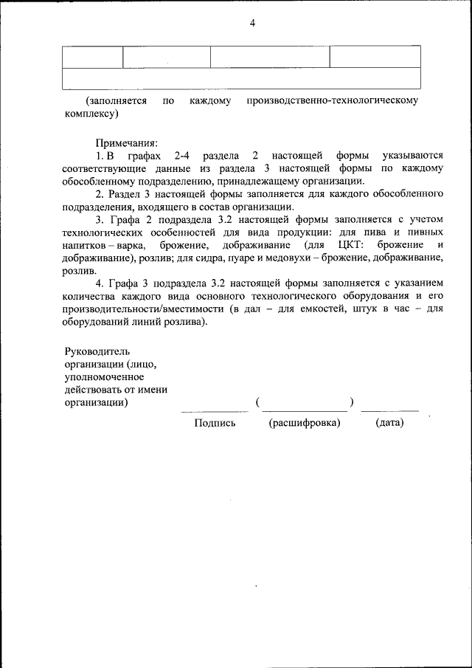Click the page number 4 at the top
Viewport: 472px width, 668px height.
(x=252, y=24)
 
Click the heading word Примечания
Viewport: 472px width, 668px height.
(x=126, y=142)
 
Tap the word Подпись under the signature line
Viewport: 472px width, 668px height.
(x=215, y=423)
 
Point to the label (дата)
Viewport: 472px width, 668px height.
(x=389, y=423)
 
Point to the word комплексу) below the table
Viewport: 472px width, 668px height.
(x=91, y=114)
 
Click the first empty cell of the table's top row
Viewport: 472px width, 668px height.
(x=92, y=57)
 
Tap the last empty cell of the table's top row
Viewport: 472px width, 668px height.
(x=375, y=57)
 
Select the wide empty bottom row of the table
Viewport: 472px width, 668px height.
(x=241, y=78)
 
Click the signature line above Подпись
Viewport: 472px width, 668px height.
(x=215, y=411)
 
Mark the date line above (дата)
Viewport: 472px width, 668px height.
(x=389, y=410)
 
